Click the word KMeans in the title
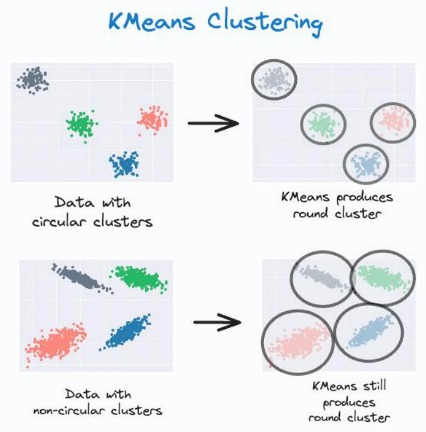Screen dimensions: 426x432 point(152,22)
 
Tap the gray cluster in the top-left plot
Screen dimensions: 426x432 point(33,80)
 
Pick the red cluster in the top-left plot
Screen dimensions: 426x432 point(153,120)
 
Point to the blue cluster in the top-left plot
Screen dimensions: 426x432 point(124,164)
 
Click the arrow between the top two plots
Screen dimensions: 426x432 point(213,123)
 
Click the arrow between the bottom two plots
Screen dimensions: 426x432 point(217,322)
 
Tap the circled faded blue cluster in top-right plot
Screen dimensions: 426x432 point(366,164)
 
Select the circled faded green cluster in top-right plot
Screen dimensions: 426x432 point(323,124)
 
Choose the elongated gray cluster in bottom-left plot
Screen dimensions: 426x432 point(82,278)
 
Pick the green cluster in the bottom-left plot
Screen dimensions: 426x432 point(139,278)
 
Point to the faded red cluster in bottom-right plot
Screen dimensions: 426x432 point(299,344)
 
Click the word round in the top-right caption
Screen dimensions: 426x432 point(311,213)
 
